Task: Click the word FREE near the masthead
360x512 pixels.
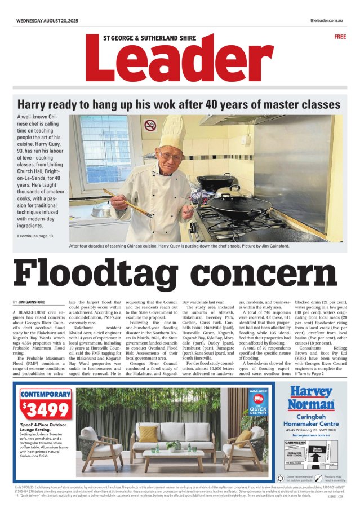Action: (340, 37)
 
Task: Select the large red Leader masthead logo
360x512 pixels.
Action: (180, 60)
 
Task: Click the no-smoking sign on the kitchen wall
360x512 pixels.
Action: (150, 125)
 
